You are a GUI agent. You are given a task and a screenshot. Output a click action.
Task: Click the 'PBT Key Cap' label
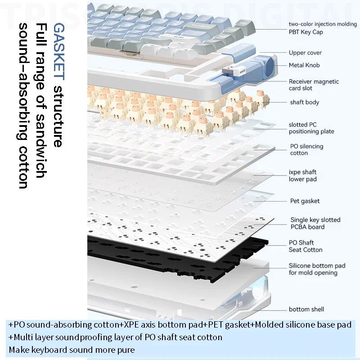point(306,32)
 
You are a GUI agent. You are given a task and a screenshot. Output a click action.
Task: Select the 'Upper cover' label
point(305,53)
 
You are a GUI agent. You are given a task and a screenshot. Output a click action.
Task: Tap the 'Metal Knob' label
point(304,65)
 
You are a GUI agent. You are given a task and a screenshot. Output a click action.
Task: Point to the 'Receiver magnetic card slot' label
point(314,85)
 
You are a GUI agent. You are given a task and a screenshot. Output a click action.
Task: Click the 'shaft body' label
point(304,102)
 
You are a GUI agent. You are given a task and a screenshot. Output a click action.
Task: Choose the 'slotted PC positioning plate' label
point(311,128)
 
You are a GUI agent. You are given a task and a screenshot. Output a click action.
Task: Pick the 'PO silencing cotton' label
point(306,149)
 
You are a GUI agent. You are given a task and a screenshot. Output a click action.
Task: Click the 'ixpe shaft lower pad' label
point(302,175)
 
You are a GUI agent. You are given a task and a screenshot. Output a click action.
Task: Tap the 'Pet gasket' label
point(305,201)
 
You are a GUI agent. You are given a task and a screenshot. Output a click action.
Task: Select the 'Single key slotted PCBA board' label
point(315,223)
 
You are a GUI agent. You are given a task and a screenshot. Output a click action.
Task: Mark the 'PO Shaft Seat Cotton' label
point(306,246)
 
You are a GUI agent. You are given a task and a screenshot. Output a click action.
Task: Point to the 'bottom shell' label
point(306,309)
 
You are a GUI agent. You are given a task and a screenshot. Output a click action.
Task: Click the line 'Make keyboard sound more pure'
point(72,350)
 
